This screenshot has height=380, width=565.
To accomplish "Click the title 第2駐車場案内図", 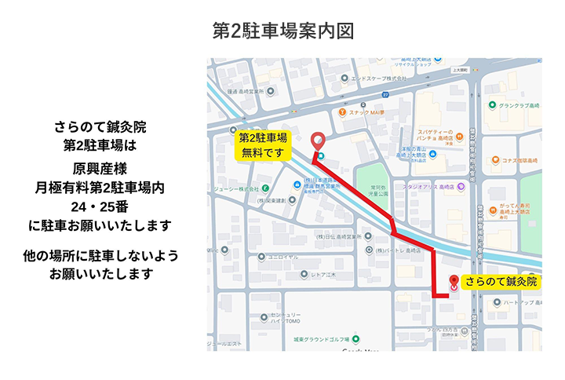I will pos(282,31).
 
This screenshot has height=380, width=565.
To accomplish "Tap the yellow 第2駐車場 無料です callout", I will pos(262,145).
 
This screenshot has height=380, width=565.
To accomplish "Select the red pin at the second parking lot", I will pos(318,141).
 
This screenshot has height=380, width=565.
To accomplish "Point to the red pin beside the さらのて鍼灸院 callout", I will pos(453,283).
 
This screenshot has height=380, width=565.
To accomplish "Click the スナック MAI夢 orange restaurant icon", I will pos(343,112).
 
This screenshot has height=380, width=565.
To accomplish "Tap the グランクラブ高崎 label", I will pos(516,105).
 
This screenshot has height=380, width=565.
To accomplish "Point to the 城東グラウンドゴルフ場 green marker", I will pos(355,339).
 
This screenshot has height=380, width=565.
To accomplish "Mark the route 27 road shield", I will pos(385,94).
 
